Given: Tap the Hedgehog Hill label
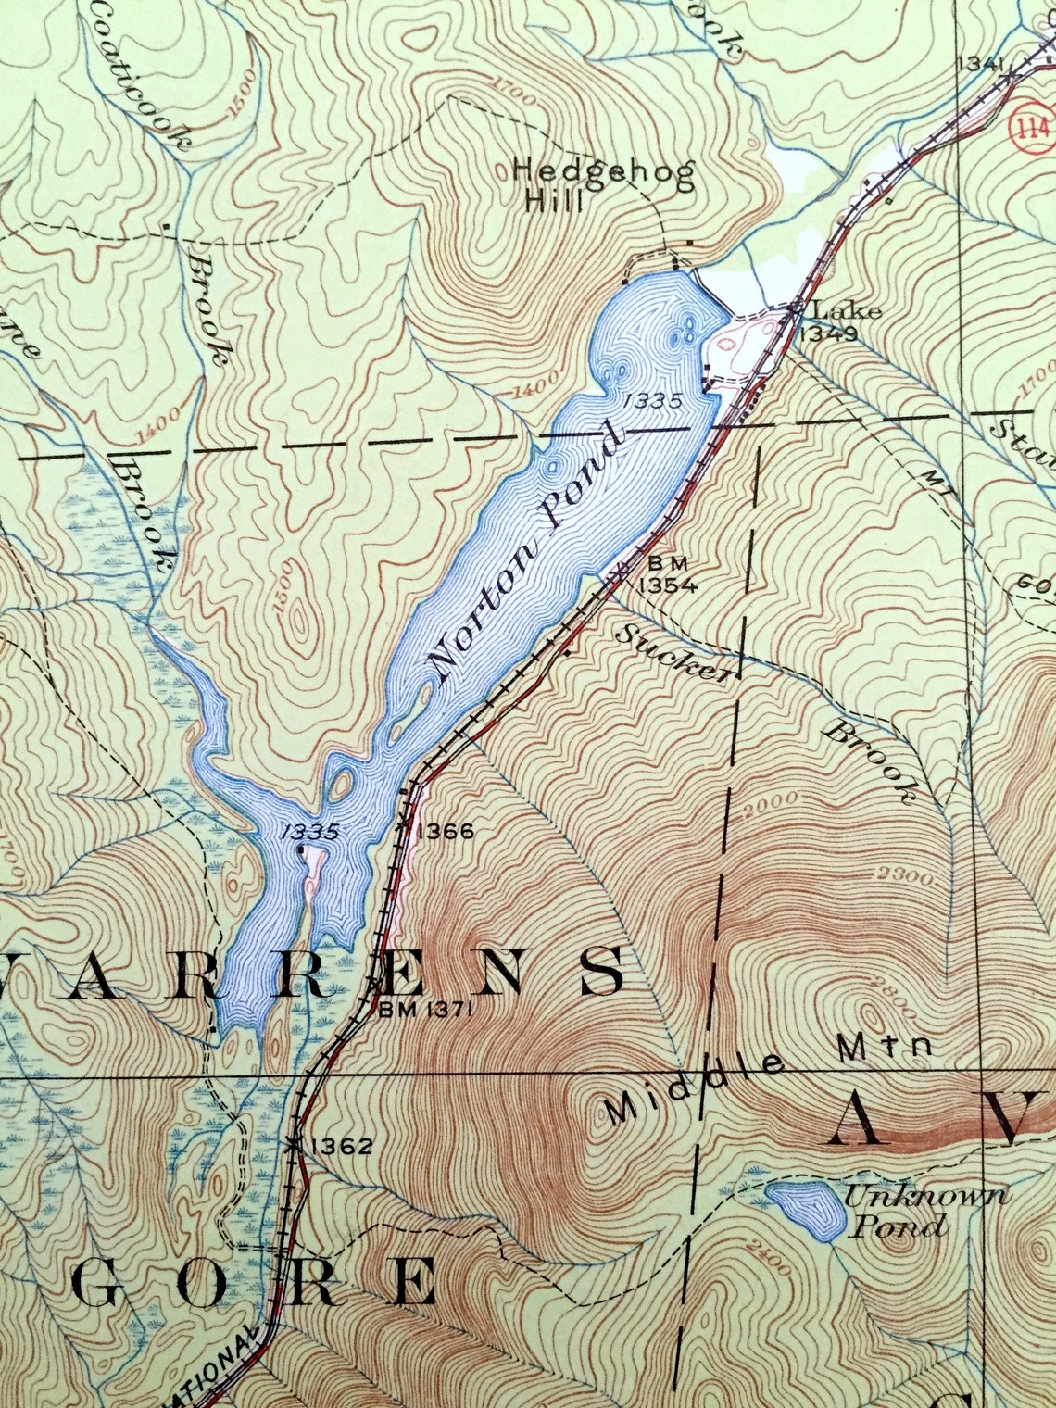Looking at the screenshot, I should [x=602, y=185].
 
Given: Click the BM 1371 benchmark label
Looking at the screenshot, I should [x=426, y=1010].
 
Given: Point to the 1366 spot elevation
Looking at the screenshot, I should [x=446, y=831].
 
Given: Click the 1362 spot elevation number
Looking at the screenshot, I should [x=342, y=1147].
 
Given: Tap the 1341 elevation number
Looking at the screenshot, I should [x=982, y=63].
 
